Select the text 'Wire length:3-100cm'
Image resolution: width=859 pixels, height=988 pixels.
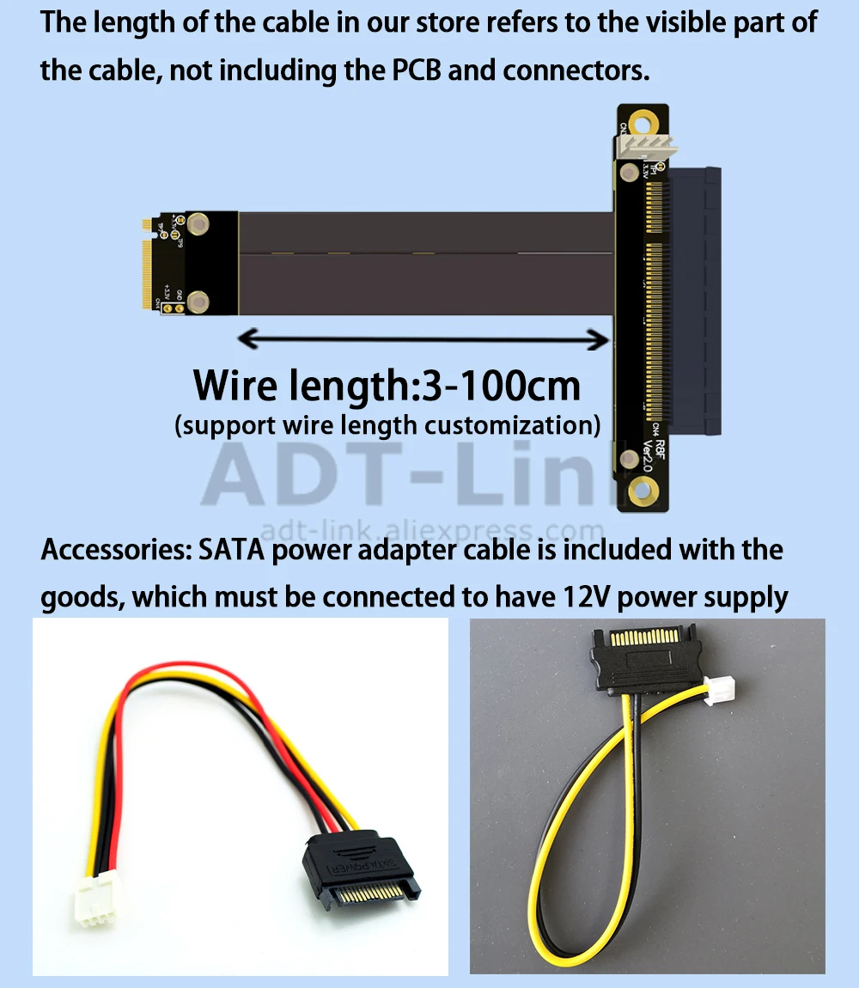coord(387,385)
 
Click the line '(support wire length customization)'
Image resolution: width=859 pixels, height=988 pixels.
coord(387,424)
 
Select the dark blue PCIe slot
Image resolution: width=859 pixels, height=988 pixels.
coord(698,301)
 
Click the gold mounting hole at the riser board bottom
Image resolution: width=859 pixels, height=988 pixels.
coord(640,491)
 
